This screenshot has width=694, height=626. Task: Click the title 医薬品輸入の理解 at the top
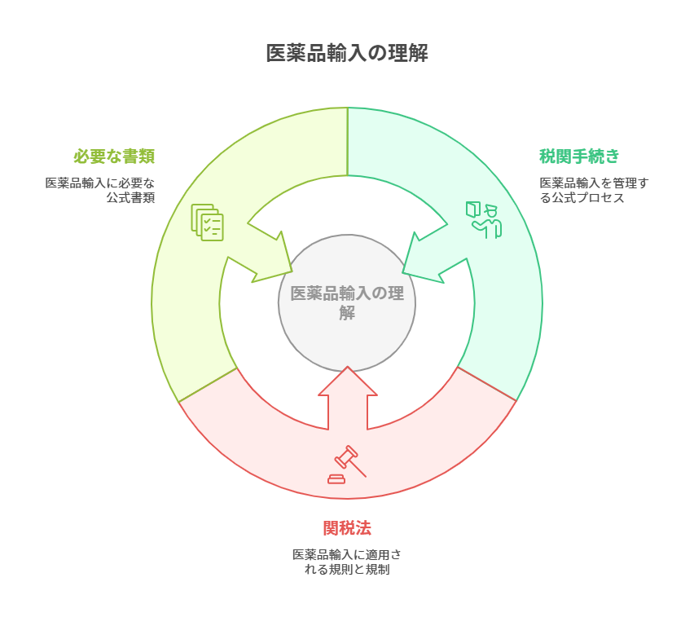347,54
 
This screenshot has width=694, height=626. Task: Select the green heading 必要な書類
114,156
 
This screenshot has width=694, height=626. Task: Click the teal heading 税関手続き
579,156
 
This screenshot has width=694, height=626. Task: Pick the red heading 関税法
347,527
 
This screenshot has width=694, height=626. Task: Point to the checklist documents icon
207,222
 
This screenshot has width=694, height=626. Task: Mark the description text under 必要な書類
100,190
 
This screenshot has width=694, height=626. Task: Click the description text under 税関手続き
594,190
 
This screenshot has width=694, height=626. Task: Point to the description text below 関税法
347,562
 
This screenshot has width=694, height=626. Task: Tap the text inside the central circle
347,302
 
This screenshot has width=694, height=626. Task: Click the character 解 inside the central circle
347,312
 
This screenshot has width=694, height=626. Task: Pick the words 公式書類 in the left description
130,198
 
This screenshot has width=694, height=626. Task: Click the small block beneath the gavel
336,479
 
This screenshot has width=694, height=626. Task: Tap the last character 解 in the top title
419,54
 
